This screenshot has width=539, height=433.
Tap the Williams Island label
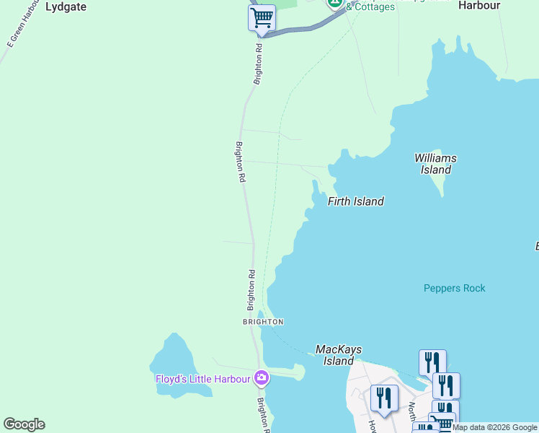[x=435, y=164]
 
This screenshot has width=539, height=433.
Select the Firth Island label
[x=356, y=201]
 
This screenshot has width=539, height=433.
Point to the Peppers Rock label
[x=454, y=288]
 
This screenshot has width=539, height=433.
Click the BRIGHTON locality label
[x=263, y=321]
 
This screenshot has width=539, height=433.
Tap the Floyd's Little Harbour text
[x=203, y=378]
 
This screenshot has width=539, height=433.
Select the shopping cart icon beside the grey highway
[x=262, y=17]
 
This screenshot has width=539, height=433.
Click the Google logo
[x=24, y=424]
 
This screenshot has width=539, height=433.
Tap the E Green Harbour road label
[x=21, y=26]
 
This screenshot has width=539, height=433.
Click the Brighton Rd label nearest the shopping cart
[x=258, y=64]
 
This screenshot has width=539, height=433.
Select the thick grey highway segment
[x=303, y=28]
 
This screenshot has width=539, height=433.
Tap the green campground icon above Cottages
[x=335, y=2]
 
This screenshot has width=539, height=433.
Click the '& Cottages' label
[x=370, y=7]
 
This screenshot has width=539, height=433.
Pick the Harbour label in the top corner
[x=479, y=5]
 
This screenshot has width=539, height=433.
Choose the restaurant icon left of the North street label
[x=383, y=397]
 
